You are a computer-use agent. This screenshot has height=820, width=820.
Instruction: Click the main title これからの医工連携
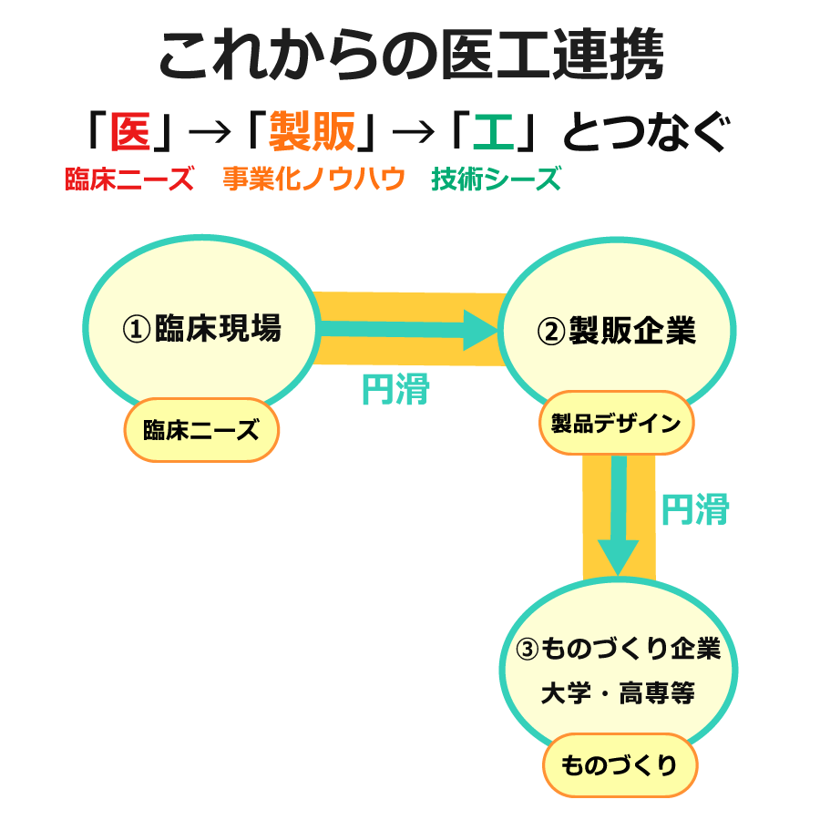[410, 56]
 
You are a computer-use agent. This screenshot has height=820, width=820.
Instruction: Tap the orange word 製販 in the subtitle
[312, 135]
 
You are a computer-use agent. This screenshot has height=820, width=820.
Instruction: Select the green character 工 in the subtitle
[493, 135]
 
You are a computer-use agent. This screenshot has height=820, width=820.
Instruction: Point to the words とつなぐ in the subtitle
[645, 135]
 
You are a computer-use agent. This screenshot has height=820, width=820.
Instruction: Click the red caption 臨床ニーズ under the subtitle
[128, 179]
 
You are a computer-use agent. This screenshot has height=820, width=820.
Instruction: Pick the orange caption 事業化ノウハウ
[313, 179]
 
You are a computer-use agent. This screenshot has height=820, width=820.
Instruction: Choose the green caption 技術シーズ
[497, 179]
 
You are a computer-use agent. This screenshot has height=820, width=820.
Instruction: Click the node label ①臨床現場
[201, 329]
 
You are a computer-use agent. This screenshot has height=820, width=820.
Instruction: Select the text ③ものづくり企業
[618, 649]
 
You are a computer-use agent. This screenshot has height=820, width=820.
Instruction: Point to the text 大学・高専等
[618, 693]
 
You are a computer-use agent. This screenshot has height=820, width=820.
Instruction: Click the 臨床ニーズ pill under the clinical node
[200, 430]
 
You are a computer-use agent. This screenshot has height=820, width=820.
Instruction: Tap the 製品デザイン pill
[616, 424]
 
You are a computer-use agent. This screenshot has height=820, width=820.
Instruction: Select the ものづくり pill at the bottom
[620, 765]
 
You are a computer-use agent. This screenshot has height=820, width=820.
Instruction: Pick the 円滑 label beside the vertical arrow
[694, 510]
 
